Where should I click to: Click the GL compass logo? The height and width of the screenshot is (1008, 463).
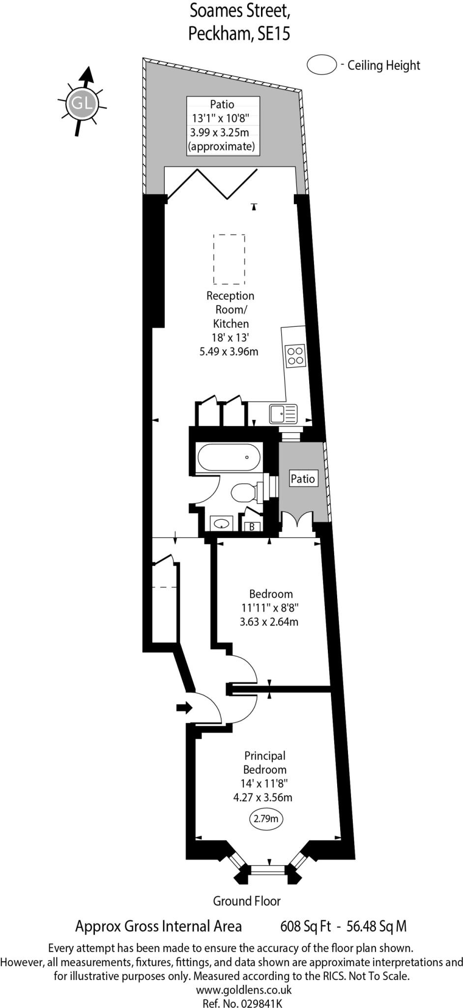point(82,103)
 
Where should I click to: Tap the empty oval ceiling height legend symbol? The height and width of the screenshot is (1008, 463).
point(321,65)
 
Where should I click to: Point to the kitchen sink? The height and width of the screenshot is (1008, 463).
point(284,414)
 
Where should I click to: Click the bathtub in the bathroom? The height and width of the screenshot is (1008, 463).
point(229,457)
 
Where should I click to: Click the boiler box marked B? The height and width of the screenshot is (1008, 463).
point(252,527)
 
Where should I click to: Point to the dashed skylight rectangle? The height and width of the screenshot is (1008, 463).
point(229,259)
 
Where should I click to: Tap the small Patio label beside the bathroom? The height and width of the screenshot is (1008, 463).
point(303,478)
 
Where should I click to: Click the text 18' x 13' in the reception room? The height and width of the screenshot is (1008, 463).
point(231,338)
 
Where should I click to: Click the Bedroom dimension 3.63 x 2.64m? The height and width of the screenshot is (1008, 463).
point(269,622)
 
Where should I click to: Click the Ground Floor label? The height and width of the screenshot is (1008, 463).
point(247,901)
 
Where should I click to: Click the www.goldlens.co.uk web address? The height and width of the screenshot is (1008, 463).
point(244,990)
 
